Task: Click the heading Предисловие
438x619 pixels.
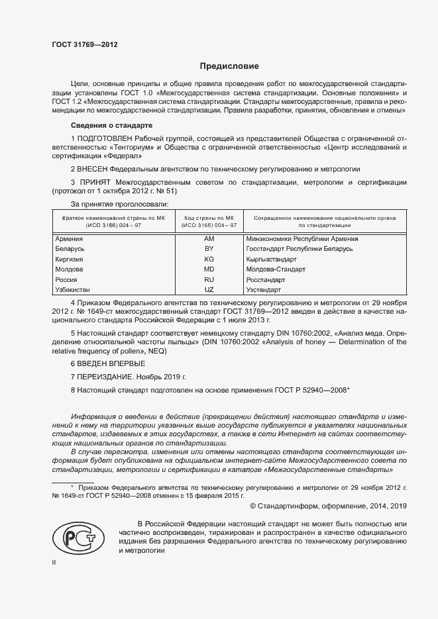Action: coord(229,66)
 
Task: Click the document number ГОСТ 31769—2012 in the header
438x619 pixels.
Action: coord(84,44)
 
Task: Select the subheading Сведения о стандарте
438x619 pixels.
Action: coord(112,125)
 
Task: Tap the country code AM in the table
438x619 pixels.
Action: coord(209,238)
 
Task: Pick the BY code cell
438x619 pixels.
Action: coord(209,248)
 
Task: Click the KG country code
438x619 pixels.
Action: coord(209,259)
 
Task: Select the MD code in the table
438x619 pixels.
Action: coord(209,269)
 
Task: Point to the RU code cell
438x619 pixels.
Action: coord(209,280)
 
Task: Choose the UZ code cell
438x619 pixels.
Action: coord(209,290)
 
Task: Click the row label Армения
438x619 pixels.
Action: coord(69,238)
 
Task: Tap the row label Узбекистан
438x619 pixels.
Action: coord(73,290)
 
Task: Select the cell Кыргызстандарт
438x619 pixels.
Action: coord(275,259)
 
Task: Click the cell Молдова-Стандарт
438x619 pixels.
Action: coord(276,269)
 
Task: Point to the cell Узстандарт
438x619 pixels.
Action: coord(264,290)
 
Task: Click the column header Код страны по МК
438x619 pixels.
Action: coord(209,217)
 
